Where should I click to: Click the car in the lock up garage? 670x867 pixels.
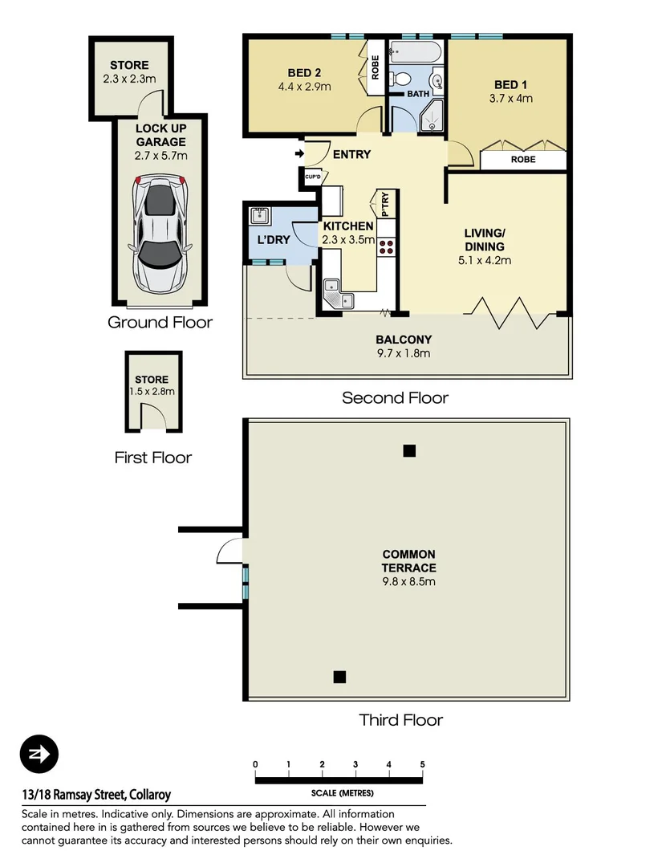(x=160, y=235)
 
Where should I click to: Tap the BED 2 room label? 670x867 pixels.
(x=304, y=71)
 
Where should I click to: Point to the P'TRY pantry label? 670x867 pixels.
(x=385, y=204)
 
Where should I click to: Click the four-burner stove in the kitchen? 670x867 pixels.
(x=387, y=246)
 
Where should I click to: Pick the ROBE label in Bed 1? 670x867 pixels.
(x=523, y=160)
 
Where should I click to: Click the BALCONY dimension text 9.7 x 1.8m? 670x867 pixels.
(x=404, y=353)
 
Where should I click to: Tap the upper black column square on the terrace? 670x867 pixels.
(x=409, y=451)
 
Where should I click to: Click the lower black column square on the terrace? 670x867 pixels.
(x=339, y=677)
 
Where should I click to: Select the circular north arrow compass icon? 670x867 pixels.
(x=39, y=755)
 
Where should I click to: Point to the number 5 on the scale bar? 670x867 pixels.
(x=422, y=764)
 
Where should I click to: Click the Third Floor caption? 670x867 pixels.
(x=400, y=720)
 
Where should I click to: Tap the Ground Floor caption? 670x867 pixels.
(x=160, y=323)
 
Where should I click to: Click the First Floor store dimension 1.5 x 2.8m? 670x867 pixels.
(x=152, y=392)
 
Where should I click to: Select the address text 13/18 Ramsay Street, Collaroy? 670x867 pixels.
(x=96, y=796)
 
